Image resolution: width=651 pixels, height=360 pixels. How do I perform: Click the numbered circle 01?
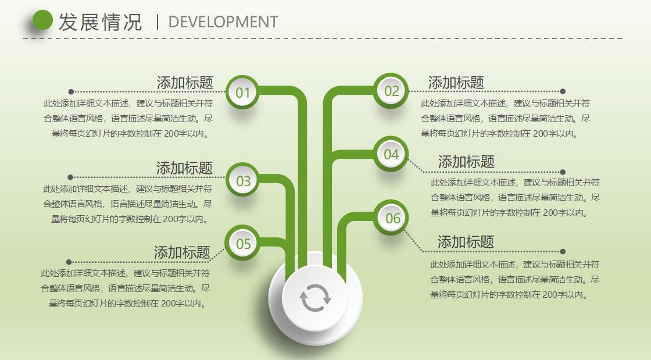tap(242, 92)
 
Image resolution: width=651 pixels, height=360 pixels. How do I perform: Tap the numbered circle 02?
tap(391, 91)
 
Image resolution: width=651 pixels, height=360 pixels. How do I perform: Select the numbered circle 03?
tap(243, 181)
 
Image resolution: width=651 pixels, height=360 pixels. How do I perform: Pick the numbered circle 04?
tap(391, 154)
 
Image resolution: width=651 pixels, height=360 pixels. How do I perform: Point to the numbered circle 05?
tap(243, 243)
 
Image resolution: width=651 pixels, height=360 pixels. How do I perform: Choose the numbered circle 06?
tap(393, 218)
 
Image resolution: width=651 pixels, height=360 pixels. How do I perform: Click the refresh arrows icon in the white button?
tap(315, 298)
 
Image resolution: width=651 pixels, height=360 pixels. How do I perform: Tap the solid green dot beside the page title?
tap(42, 21)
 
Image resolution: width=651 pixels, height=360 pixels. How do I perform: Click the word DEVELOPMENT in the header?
tap(223, 22)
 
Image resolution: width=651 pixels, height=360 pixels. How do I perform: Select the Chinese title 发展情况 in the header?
tap(100, 22)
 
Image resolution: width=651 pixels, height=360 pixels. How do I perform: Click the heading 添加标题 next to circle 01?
tap(185, 83)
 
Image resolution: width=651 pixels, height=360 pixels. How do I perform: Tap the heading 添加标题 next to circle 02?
tap(456, 83)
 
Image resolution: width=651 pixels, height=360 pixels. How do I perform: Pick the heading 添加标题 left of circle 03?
tap(184, 168)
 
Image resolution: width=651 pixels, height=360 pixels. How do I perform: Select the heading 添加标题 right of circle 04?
tap(466, 162)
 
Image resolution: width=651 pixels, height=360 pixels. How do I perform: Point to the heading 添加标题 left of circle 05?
tap(182, 252)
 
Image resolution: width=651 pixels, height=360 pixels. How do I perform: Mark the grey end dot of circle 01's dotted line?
tap(71, 91)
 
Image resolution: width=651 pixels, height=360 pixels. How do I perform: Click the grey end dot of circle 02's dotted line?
tap(563, 91)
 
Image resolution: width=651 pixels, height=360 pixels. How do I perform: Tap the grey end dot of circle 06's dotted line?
tap(563, 252)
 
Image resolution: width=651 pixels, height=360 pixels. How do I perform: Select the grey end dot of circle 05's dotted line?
tap(69, 262)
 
